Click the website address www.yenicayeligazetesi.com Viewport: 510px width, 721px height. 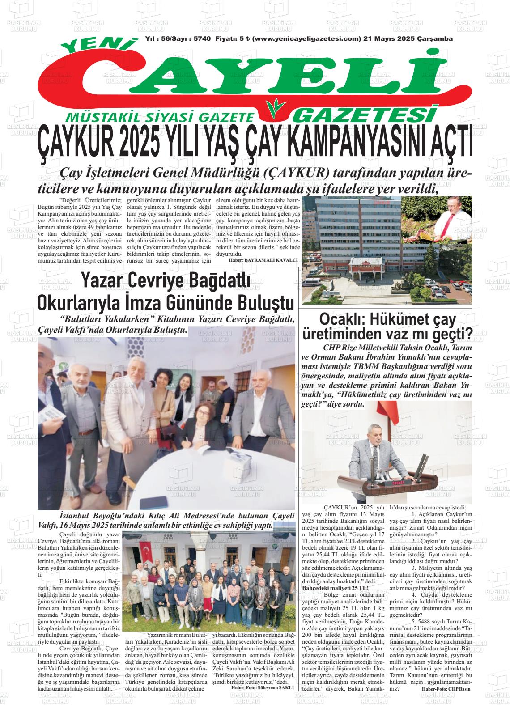click(x=306, y=39)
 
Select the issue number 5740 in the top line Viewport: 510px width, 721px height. click(x=203, y=39)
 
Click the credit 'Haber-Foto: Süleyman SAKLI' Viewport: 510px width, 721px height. click(x=262, y=687)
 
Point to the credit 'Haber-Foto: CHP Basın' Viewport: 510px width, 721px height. click(x=446, y=689)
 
